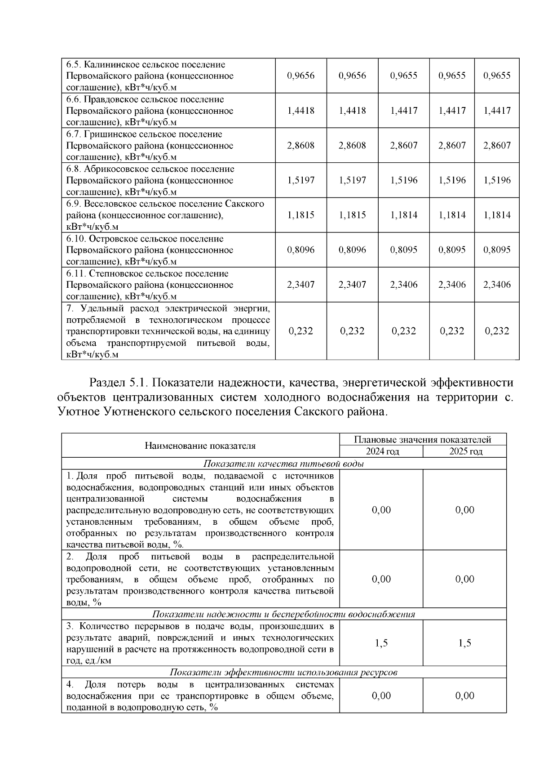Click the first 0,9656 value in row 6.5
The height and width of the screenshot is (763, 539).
(x=300, y=76)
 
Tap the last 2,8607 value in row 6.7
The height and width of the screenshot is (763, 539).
(x=497, y=145)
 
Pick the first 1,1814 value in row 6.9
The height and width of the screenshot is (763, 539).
(x=404, y=215)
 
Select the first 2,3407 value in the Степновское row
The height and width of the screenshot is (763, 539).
(x=300, y=285)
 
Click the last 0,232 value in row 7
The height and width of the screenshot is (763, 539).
(x=497, y=331)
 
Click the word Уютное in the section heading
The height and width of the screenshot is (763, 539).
(x=79, y=411)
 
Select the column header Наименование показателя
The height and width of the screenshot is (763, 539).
(x=200, y=446)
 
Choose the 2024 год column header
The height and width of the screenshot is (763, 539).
(x=381, y=451)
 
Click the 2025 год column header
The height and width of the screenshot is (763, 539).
(x=465, y=451)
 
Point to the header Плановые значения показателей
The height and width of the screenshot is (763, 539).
(x=423, y=439)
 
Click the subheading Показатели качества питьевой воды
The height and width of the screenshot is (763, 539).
(x=283, y=464)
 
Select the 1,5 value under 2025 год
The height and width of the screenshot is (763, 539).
(x=465, y=643)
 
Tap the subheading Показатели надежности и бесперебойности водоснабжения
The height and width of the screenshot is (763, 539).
(x=283, y=614)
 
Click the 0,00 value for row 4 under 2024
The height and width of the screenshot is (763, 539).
(x=381, y=696)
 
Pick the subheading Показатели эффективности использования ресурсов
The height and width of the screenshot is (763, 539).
(x=283, y=673)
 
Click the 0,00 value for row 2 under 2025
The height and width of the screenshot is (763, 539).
(x=465, y=579)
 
